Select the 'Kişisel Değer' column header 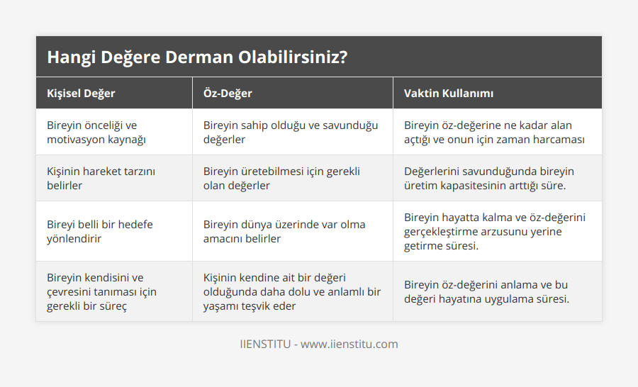[x=81, y=94]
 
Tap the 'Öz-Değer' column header [x=228, y=94]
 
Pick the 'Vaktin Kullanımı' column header [x=449, y=94]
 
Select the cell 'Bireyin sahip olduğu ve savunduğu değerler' [x=291, y=133]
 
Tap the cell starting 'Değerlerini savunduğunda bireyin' [x=489, y=179]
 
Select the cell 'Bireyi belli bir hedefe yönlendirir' [x=99, y=232]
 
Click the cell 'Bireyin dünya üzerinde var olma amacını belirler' [x=284, y=232]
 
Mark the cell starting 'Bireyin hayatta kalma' [x=496, y=232]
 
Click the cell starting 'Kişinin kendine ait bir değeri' [x=291, y=292]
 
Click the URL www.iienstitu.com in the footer [x=349, y=344]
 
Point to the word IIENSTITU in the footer [x=265, y=344]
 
